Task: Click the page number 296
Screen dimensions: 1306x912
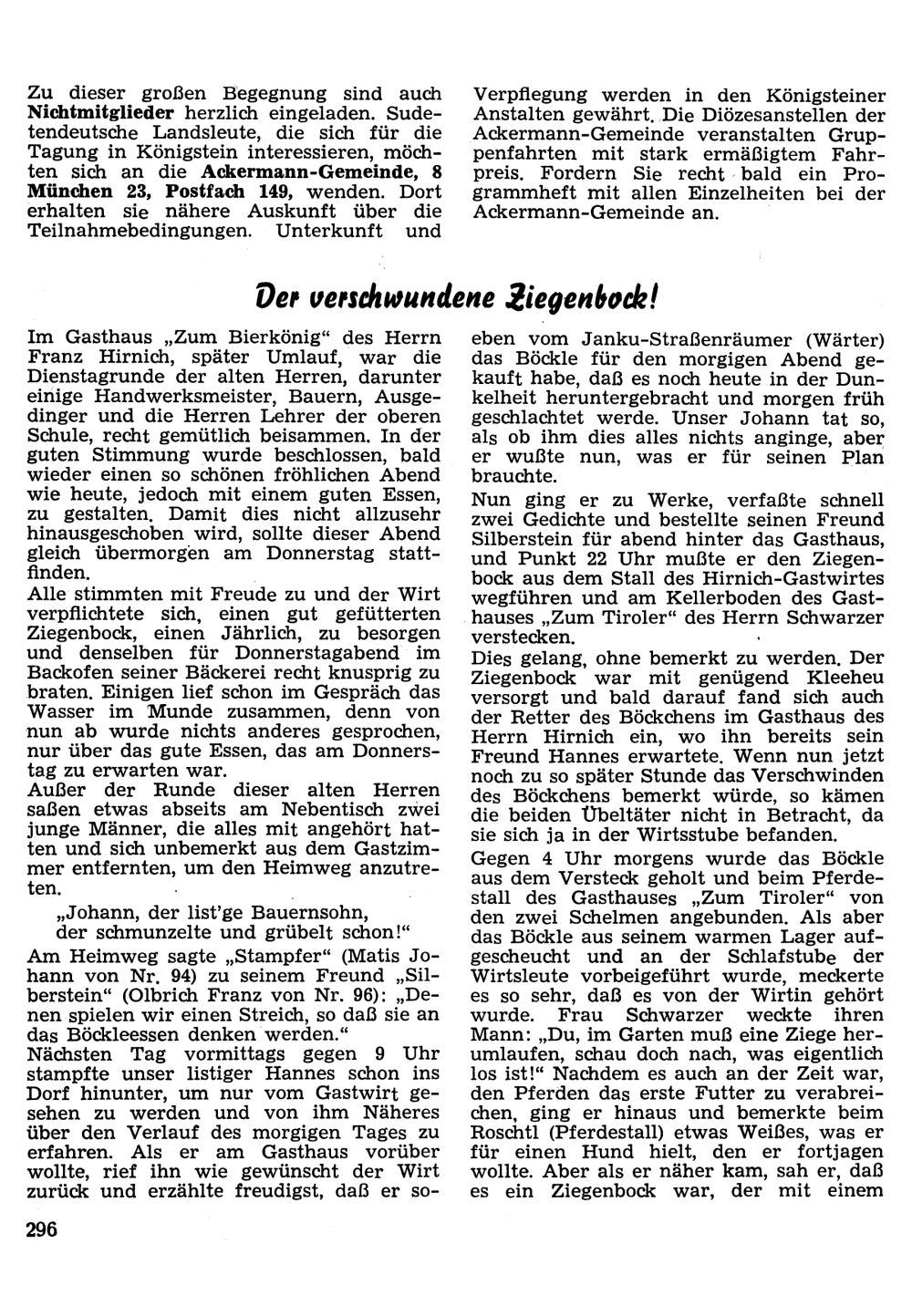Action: point(43,1230)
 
